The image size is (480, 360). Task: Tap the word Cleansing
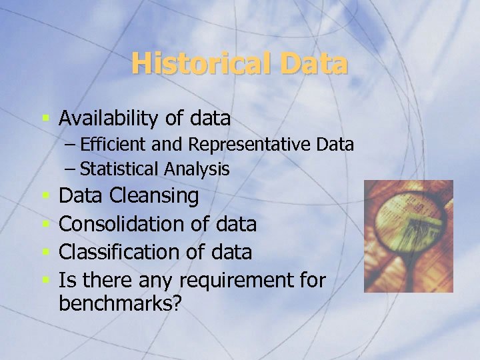(x=154, y=196)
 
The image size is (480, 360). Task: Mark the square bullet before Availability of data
(x=46, y=119)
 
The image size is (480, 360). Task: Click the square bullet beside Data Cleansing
(x=46, y=197)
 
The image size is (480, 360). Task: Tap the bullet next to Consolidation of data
(x=46, y=225)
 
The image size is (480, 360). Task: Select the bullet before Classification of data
(x=46, y=253)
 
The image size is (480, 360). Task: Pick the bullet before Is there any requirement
(x=46, y=281)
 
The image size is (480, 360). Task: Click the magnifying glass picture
(x=409, y=236)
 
